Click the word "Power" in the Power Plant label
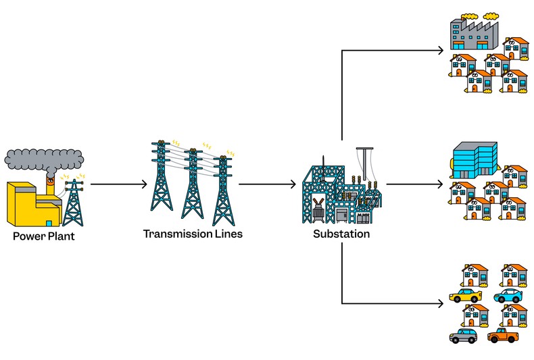[28, 237]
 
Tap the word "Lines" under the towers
[226, 234]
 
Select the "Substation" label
[341, 234]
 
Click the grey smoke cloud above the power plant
[44, 159]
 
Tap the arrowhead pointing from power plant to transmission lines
[143, 184]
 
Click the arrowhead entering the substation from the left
[294, 184]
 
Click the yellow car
[465, 296]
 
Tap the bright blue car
[508, 296]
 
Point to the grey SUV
[464, 336]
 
